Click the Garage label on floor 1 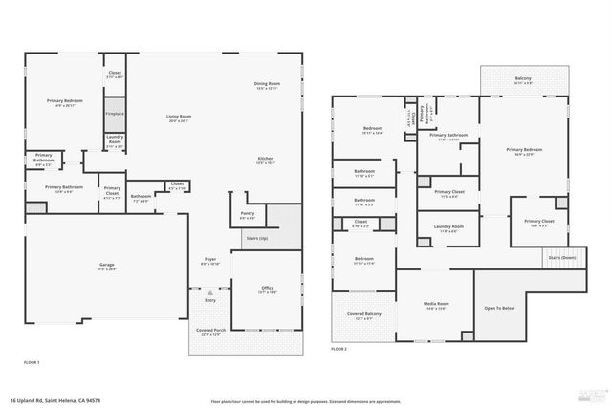point(107,266)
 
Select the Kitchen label point(266,160)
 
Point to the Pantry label point(248,215)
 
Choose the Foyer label point(211,261)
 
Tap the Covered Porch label point(208,332)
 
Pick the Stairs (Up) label point(256,237)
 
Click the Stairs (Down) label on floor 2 point(560,258)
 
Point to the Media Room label point(436,306)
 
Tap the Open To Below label point(499,308)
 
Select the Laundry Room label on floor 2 point(447,228)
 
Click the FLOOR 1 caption point(32,363)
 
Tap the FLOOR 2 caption point(339,350)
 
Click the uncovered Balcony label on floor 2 point(523,79)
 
